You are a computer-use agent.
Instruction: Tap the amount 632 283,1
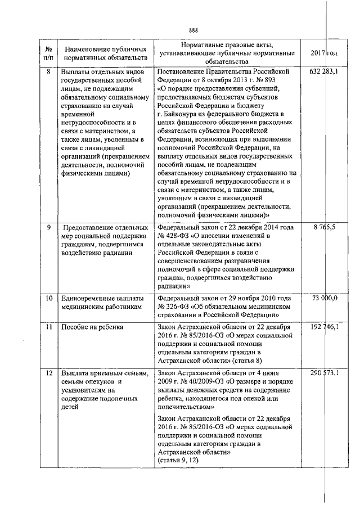pyautogui.click(x=323, y=73)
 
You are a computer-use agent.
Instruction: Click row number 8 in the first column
pyautogui.click(x=48, y=73)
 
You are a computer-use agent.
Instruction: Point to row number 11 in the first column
pyautogui.click(x=48, y=327)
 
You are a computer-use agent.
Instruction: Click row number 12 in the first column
pyautogui.click(x=48, y=373)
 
